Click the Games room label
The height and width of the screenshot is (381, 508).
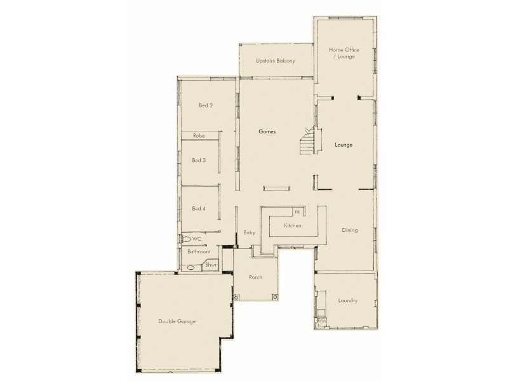click(x=266, y=131)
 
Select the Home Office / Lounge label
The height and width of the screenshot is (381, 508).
click(x=342, y=53)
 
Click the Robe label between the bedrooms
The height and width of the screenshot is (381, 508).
click(x=199, y=136)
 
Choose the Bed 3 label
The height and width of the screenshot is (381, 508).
click(x=199, y=161)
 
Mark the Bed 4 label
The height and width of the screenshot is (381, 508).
click(x=199, y=209)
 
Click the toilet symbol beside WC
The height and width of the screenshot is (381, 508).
click(x=186, y=239)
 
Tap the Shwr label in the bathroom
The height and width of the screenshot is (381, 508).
click(x=211, y=265)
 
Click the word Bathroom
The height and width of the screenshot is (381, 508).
click(x=199, y=252)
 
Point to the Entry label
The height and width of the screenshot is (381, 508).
click(x=249, y=233)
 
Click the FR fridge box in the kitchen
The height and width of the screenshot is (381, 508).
click(x=297, y=212)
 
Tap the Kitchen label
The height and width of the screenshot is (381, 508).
click(x=292, y=226)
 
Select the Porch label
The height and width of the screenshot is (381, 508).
click(x=255, y=277)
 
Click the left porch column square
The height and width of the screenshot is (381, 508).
click(x=236, y=297)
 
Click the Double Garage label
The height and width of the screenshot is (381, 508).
click(x=177, y=322)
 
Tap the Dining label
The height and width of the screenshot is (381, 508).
click(x=350, y=230)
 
